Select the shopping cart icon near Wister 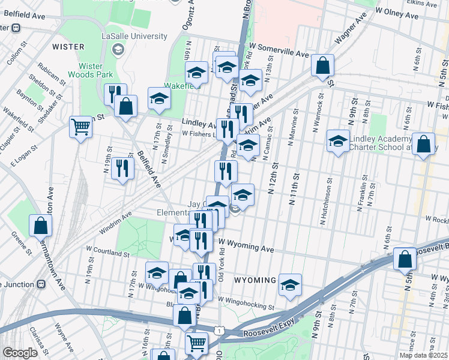click(80, 127)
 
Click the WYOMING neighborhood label click(255, 280)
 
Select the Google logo click(19, 353)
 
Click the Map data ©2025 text click(423, 355)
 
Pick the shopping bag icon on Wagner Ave click(322, 65)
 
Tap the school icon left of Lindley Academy click(338, 140)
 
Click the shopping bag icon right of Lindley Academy click(423, 144)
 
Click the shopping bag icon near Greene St click(40, 225)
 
